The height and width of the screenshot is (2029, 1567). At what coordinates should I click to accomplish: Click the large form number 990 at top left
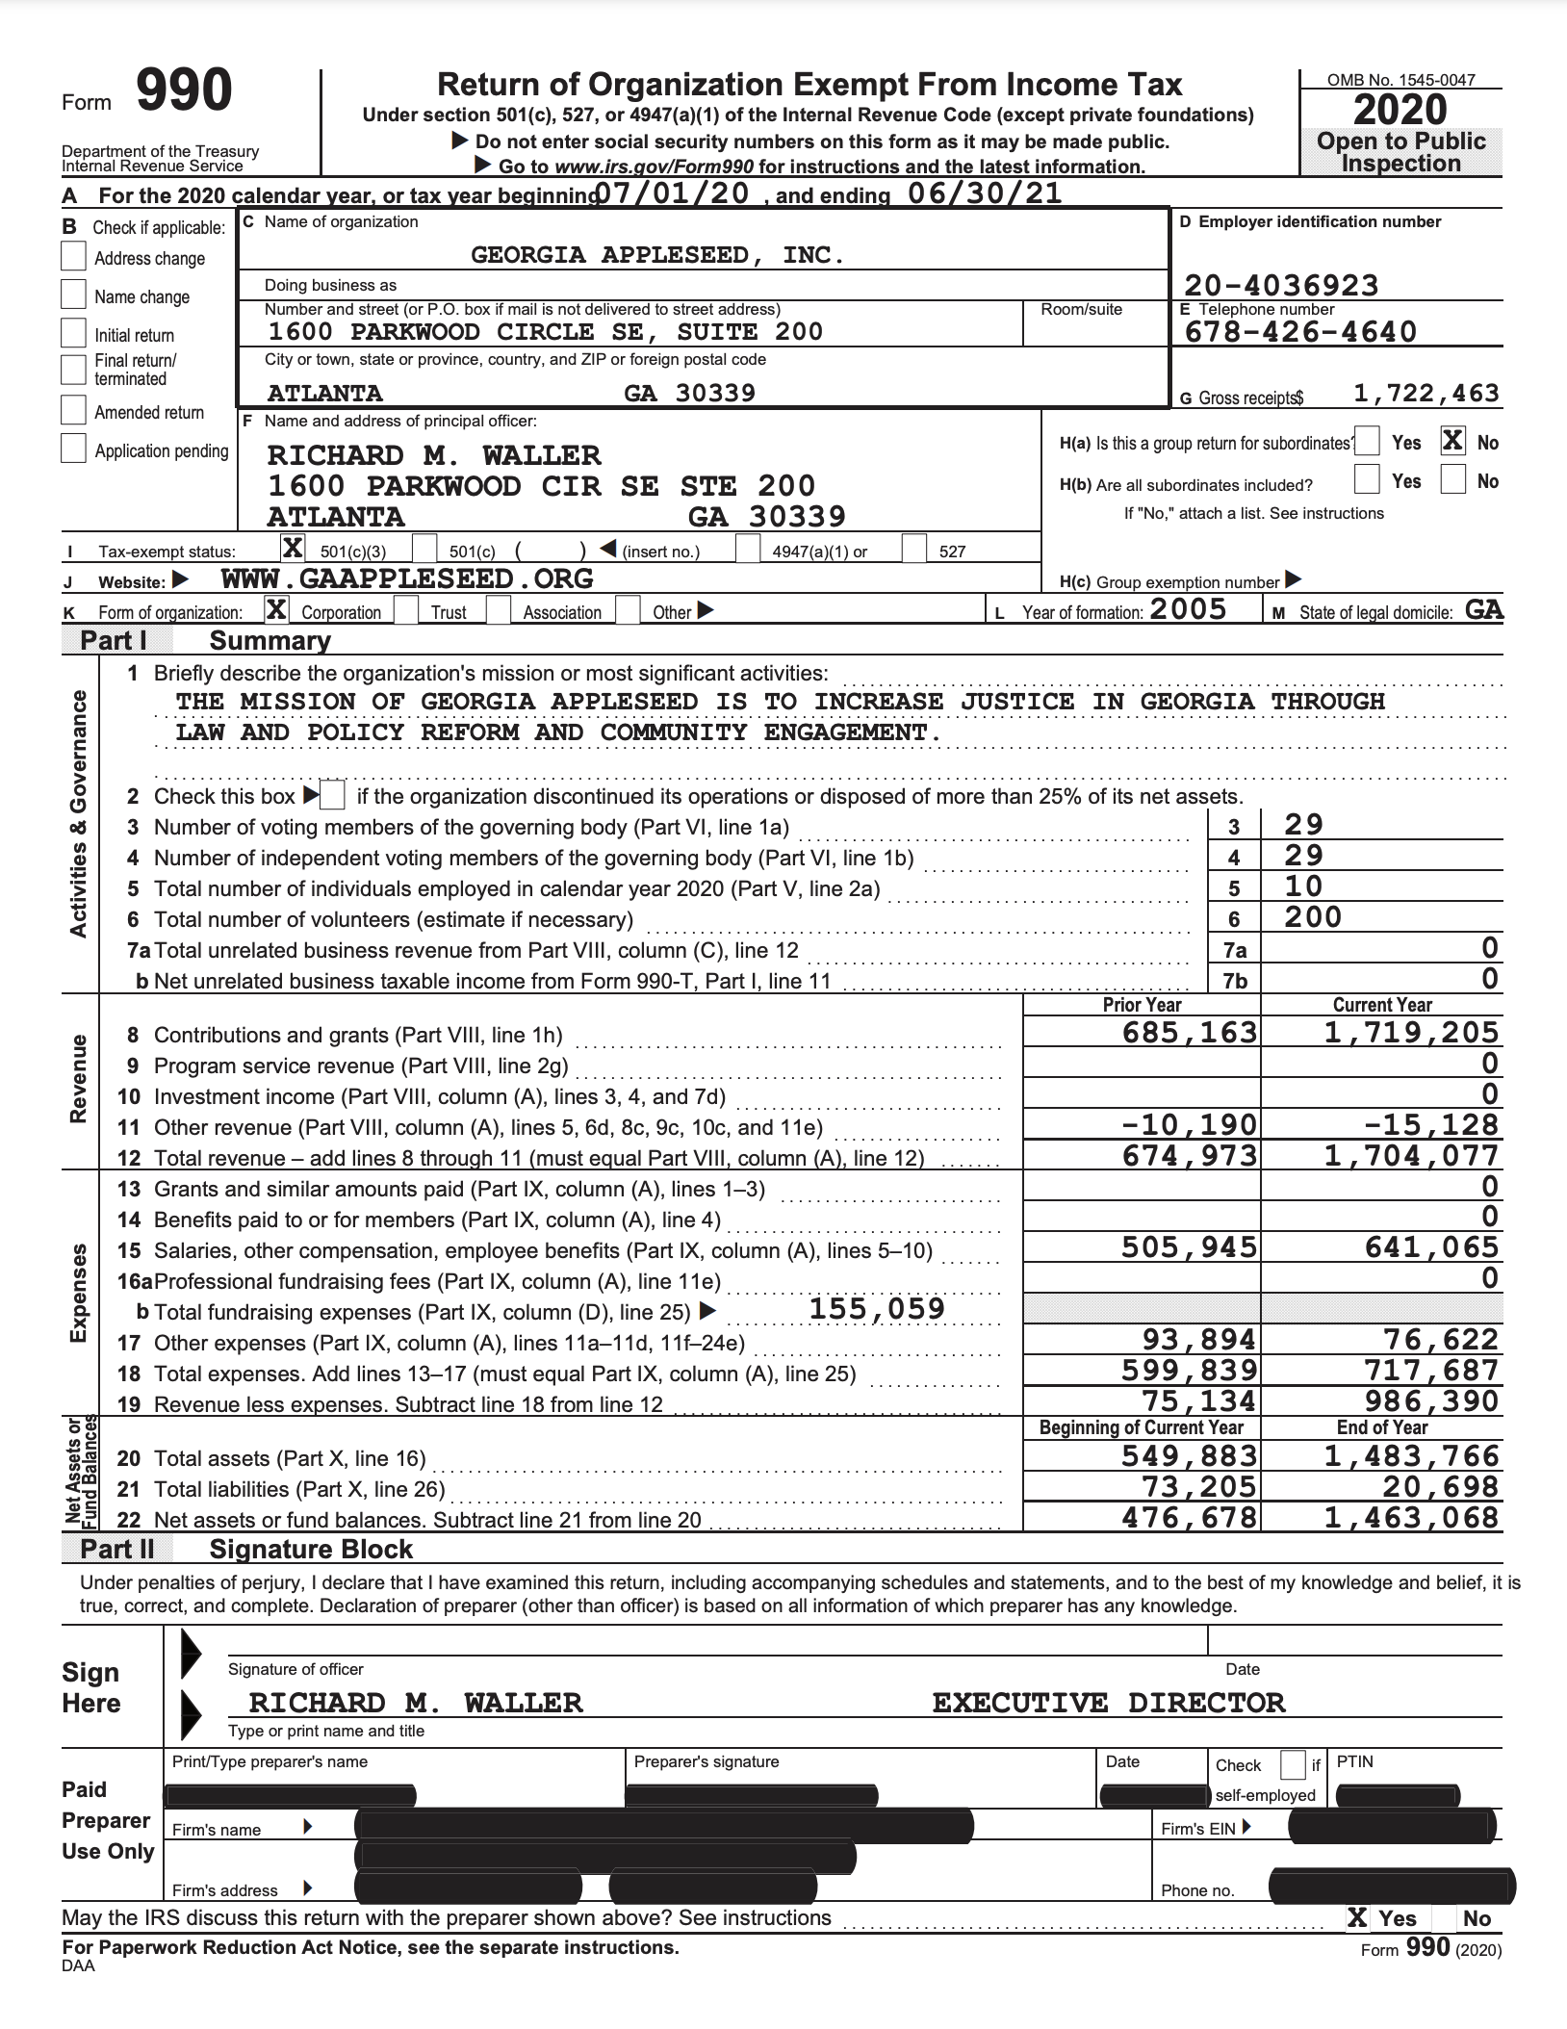tap(183, 91)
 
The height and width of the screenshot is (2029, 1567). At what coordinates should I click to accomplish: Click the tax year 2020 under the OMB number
tap(1400, 110)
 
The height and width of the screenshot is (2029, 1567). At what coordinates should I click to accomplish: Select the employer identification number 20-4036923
tap(1280, 285)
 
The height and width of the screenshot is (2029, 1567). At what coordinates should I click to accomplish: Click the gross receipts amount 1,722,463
tap(1426, 393)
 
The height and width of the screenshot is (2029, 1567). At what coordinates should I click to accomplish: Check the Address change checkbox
tap(73, 257)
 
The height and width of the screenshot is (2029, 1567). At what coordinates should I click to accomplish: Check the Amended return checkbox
tap(73, 411)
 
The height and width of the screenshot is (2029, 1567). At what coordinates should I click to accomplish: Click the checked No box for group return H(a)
tap(1452, 442)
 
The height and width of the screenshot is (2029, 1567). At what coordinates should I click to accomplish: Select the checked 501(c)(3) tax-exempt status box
tap(293, 549)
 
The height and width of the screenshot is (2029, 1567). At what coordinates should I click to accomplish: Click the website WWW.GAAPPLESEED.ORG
tap(407, 578)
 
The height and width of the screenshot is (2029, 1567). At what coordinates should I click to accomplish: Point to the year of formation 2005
tap(1188, 609)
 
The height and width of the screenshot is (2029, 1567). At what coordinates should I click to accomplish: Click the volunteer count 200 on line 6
tap(1312, 916)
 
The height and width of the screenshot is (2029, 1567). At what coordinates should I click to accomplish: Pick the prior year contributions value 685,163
tap(1190, 1033)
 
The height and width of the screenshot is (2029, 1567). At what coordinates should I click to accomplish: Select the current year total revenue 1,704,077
tap(1411, 1155)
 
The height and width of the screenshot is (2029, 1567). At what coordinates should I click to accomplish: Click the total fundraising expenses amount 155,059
tap(877, 1309)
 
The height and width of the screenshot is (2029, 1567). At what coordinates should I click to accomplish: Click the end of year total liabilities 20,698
tap(1440, 1487)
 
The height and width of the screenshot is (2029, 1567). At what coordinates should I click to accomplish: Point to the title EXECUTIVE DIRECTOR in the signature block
tap(1108, 1703)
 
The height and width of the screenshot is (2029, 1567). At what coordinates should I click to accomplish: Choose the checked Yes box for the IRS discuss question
tap(1357, 1918)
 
